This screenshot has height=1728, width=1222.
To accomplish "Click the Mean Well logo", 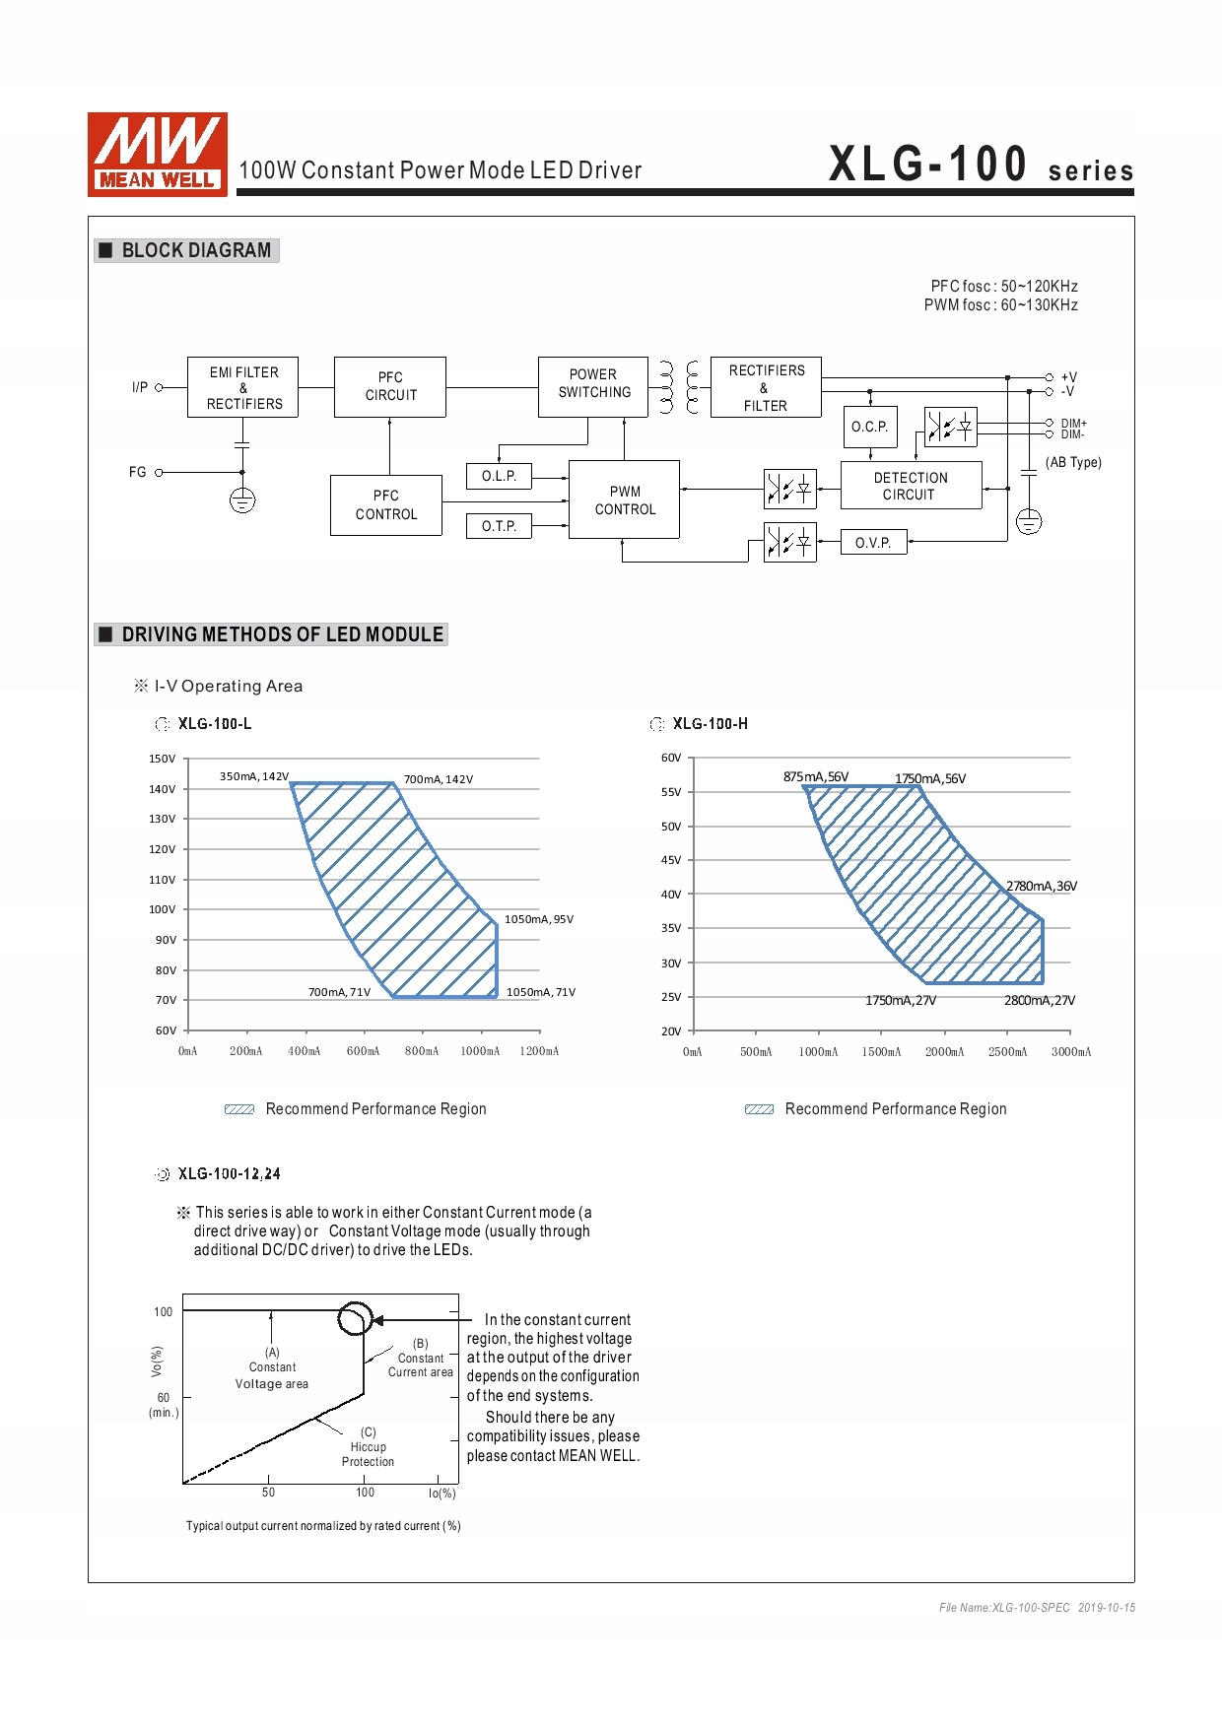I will tap(158, 154).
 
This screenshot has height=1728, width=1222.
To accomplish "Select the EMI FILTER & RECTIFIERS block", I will tap(242, 387).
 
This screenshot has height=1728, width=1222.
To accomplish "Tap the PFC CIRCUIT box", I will tap(390, 387).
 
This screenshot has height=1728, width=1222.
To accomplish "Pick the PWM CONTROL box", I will tap(625, 499).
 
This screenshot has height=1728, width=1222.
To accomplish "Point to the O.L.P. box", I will tap(499, 476).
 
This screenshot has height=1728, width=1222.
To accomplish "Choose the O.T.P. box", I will tap(499, 526).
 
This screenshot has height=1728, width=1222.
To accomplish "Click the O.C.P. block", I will tap(870, 427).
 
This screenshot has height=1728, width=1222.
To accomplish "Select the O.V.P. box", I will tap(873, 543).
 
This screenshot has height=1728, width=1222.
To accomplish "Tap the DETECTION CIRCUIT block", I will tap(911, 486).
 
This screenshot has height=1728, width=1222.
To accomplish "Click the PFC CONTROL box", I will tap(386, 505).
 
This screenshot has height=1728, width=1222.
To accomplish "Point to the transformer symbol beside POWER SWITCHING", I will tap(679, 386).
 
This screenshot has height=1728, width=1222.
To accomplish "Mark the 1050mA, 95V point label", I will tap(538, 919).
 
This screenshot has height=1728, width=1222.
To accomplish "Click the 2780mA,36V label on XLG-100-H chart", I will tap(1041, 886).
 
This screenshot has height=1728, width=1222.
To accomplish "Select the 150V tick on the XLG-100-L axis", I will tap(163, 759).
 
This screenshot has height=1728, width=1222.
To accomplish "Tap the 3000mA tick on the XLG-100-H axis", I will tap(1070, 1051).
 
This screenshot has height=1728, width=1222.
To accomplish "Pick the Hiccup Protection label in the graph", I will tap(368, 1447).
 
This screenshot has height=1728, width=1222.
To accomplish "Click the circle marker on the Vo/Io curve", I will tap(355, 1318).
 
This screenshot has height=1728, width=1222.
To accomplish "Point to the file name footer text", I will tap(1037, 1608).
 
